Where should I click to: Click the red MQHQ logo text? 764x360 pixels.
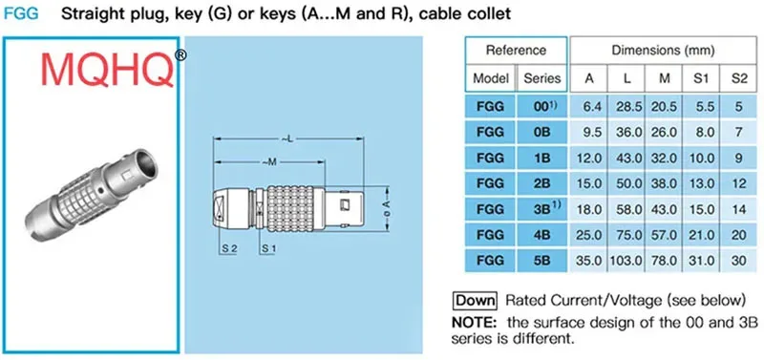107,70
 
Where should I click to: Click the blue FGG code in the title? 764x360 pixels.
21,13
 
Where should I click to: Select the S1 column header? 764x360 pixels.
701,78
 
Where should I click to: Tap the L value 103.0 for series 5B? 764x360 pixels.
626,261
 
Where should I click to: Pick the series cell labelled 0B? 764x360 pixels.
541,133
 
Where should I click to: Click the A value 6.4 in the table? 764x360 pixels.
588,107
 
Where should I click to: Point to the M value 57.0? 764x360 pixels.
664,235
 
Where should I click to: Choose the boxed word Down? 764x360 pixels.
475,300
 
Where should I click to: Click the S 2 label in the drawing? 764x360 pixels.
229,248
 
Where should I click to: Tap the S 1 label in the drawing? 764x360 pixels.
269,248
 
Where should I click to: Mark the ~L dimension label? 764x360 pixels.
288,139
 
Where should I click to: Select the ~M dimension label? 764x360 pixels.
269,161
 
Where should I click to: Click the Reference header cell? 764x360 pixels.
516,51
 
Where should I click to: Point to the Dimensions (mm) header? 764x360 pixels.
663,51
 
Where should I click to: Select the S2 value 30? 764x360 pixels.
738,261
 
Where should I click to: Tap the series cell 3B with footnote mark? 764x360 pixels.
544,209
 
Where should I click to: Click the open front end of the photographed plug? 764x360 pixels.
145,163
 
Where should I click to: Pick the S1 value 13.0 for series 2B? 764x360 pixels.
701,183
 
